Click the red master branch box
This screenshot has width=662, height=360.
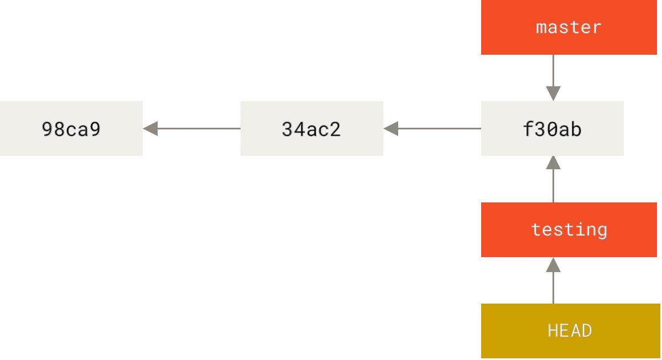[569, 28]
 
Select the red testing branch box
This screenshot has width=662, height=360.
[569, 229]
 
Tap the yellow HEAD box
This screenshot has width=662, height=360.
[570, 331]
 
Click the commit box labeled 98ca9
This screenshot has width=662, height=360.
[71, 128]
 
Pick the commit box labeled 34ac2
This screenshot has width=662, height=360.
[312, 128]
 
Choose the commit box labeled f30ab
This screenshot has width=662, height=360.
[552, 128]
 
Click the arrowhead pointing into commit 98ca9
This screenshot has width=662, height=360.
[150, 128]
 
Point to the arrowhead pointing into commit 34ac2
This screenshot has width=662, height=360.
[391, 128]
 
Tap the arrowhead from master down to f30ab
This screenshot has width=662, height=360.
[553, 93]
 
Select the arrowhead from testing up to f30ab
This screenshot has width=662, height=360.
[553, 163]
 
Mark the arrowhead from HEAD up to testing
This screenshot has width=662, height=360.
[553, 265]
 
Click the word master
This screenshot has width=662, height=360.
[569, 28]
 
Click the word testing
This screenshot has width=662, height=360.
[569, 230]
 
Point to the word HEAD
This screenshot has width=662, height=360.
[570, 331]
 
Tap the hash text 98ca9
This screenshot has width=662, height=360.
[71, 129]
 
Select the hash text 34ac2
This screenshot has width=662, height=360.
[311, 129]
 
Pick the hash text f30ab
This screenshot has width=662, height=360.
[552, 129]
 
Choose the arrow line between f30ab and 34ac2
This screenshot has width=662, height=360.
[432, 128]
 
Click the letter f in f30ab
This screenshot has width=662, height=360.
[529, 129]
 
